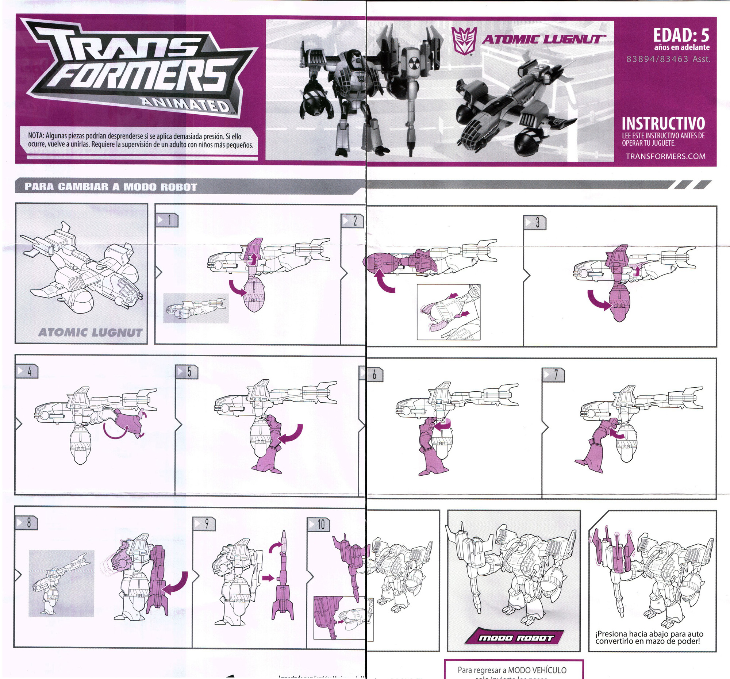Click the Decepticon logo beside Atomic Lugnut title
(464, 40)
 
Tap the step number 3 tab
(535, 223)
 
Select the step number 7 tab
(553, 375)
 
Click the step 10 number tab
(319, 524)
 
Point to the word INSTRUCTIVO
(663, 123)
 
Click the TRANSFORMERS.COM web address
(665, 156)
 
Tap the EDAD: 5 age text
(681, 35)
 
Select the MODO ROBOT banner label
(515, 638)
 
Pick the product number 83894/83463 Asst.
(668, 59)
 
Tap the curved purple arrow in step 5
(291, 433)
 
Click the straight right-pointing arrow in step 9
(268, 578)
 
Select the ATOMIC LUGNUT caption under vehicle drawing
(90, 333)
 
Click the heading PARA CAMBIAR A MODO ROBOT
(111, 187)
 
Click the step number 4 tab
(27, 371)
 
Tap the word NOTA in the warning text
(36, 136)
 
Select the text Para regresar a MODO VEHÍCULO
(511, 670)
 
